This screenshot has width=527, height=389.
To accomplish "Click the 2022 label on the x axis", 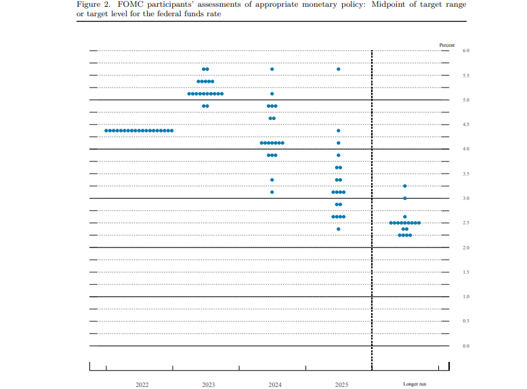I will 142,384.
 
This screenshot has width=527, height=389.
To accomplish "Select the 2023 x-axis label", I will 208,384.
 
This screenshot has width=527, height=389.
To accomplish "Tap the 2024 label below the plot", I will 274,384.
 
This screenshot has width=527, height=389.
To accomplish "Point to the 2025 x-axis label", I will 341,384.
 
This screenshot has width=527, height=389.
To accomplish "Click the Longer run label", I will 415,384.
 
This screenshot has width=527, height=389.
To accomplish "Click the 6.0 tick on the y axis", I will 466,51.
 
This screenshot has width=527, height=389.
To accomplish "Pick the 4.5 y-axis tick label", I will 466,125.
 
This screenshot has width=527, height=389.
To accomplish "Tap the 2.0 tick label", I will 466,248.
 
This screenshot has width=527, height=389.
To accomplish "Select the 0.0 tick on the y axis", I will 466,346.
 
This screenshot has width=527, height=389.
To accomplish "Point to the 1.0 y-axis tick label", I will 466,297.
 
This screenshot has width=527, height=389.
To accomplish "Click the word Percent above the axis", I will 447,45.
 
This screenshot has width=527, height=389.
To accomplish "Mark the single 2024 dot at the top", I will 272,69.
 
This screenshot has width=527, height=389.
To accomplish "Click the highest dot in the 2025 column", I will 339,69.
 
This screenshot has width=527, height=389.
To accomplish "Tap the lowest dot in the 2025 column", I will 339,229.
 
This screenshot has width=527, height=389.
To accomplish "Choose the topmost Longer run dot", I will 405,186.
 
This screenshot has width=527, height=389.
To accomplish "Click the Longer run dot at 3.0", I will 405,198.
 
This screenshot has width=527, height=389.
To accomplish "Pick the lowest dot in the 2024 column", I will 272,192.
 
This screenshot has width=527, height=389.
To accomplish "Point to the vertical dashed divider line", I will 372,203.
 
